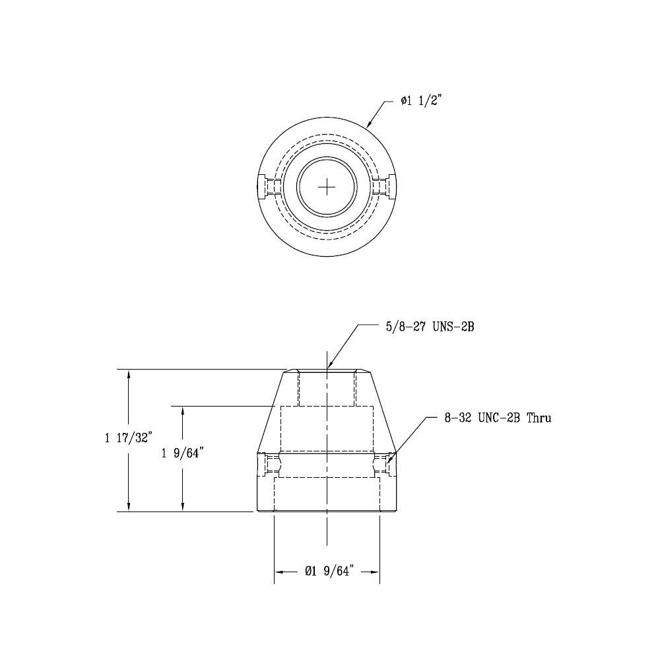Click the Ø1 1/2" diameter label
(x=424, y=101)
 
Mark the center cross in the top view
(x=327, y=187)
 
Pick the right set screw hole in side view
(x=385, y=465)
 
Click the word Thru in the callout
(x=537, y=418)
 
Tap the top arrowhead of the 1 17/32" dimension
(x=129, y=374)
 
